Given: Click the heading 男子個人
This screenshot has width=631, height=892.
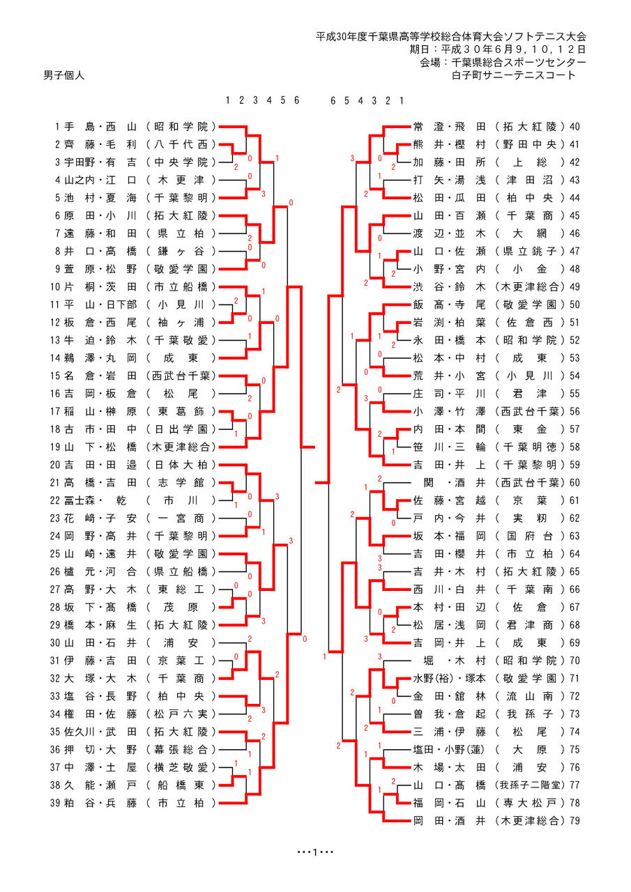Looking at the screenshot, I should pyautogui.click(x=63, y=75).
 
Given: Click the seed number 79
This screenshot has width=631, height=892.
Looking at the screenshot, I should pyautogui.click(x=575, y=821).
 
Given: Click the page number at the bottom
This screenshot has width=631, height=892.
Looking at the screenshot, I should pyautogui.click(x=315, y=852).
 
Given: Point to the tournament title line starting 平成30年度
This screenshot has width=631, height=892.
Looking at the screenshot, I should pyautogui.click(x=450, y=36).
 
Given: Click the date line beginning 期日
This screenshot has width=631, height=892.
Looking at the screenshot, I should pyautogui.click(x=497, y=49).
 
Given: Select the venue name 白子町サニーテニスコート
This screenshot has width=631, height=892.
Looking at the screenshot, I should pyautogui.click(x=514, y=75).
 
